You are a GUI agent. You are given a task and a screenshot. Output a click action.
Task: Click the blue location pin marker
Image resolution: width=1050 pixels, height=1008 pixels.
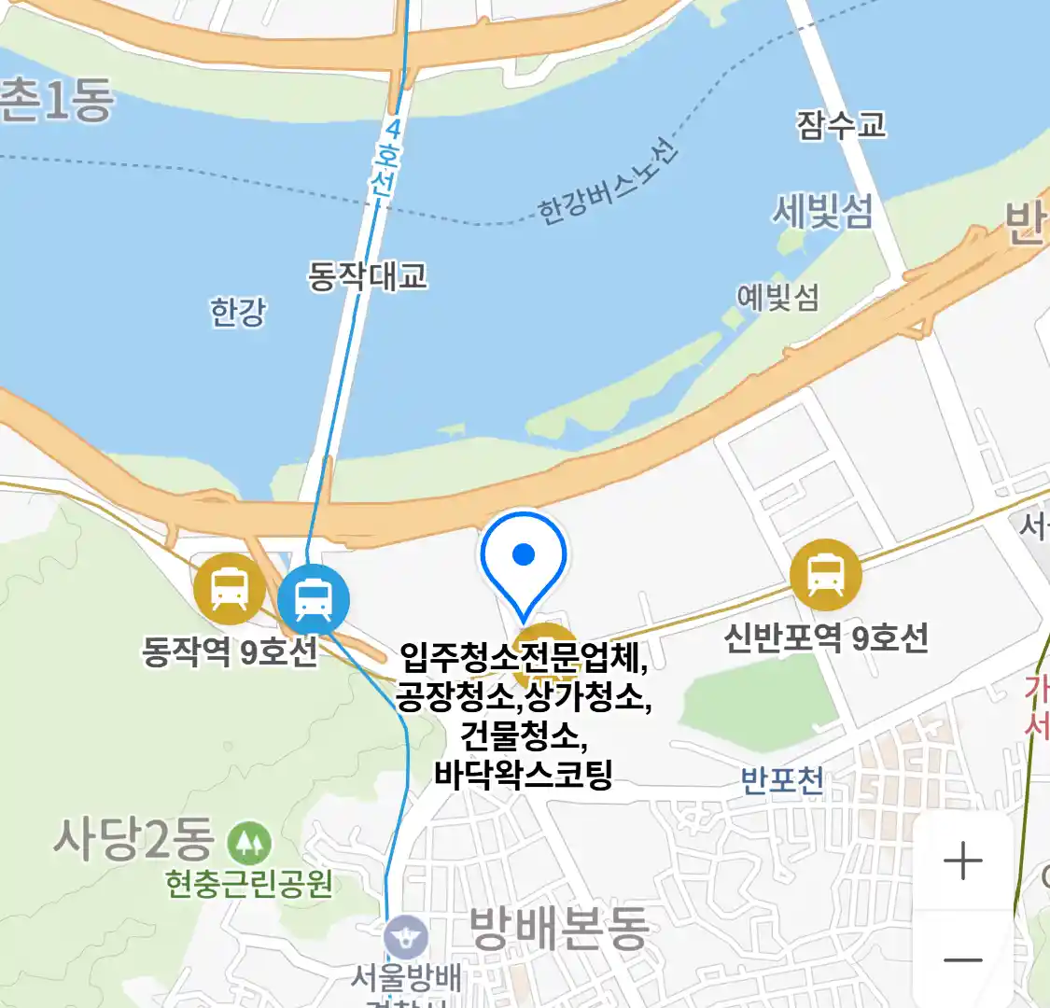(524, 560)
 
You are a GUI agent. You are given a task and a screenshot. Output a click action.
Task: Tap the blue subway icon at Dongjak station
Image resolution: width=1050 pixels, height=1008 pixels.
(314, 599)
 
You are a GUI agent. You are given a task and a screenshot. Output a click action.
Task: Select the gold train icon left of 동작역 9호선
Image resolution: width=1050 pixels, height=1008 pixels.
(229, 589)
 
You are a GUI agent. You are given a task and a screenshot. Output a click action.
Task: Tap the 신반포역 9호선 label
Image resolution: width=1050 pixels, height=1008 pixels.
(826, 638)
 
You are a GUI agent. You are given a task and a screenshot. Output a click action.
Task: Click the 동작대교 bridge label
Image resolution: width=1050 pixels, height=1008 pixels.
(368, 275)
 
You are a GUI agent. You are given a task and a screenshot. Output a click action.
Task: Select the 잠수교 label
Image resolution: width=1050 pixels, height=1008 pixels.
(841, 125)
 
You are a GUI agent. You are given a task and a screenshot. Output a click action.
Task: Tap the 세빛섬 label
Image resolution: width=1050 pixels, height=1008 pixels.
(821, 212)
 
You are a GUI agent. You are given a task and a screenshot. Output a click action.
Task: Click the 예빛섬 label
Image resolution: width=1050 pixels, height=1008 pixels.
(777, 298)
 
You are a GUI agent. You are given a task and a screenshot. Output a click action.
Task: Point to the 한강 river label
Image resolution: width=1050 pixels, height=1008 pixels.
(238, 312)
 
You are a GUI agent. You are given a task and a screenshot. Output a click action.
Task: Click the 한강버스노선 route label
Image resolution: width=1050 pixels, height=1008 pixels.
(608, 183)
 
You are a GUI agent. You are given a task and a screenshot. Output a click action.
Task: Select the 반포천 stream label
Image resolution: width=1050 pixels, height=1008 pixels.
(782, 779)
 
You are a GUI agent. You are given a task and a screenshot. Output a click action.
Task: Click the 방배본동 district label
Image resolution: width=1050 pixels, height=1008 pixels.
(558, 928)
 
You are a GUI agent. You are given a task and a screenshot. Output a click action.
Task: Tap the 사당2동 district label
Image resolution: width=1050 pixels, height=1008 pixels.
(133, 838)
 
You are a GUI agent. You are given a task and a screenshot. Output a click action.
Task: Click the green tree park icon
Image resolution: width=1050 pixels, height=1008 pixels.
(249, 843)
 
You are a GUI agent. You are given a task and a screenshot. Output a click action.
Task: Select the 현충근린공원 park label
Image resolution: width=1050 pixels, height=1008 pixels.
(249, 883)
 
